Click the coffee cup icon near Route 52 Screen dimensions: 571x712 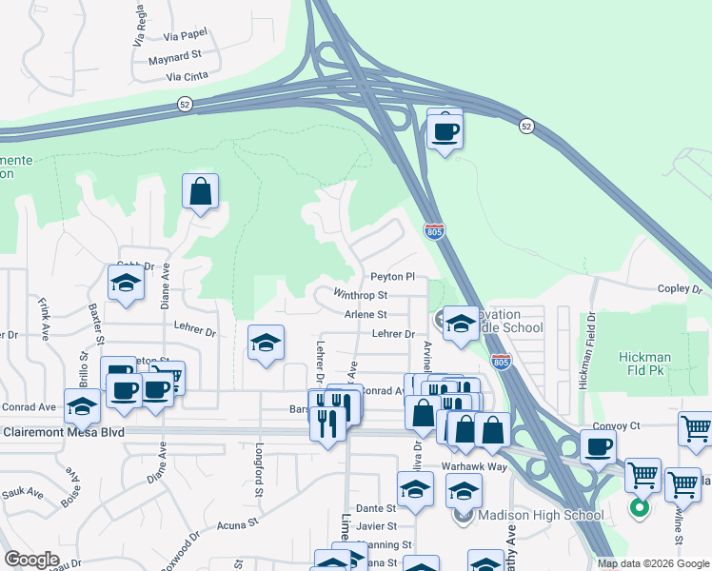click(x=445, y=131)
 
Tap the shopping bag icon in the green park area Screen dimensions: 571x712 click(x=201, y=193)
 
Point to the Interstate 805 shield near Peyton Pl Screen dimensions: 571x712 click(x=434, y=230)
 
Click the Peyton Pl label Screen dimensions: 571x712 click(x=393, y=277)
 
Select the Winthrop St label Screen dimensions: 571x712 click(x=360, y=295)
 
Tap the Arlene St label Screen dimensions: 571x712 click(x=366, y=314)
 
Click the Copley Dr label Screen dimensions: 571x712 click(x=678, y=288)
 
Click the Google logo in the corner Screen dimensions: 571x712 click(x=31, y=560)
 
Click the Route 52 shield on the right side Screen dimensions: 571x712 click(x=526, y=125)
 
